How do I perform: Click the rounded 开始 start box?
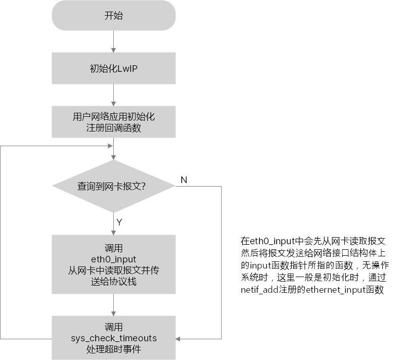[114, 16]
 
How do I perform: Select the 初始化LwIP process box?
[114, 69]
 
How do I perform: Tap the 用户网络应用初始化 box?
[114, 122]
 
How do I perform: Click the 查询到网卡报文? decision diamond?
[114, 187]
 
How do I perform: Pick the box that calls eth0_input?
[114, 265]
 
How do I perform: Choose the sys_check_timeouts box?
[114, 338]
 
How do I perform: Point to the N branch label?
[184, 181]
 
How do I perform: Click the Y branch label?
[119, 222]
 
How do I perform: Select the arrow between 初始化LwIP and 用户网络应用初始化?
[114, 95]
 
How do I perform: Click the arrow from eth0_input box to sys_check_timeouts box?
[114, 305]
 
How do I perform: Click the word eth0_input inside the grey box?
[114, 259]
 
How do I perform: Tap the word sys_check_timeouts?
[114, 338]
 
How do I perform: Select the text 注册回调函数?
[114, 128]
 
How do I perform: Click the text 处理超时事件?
[114, 349]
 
